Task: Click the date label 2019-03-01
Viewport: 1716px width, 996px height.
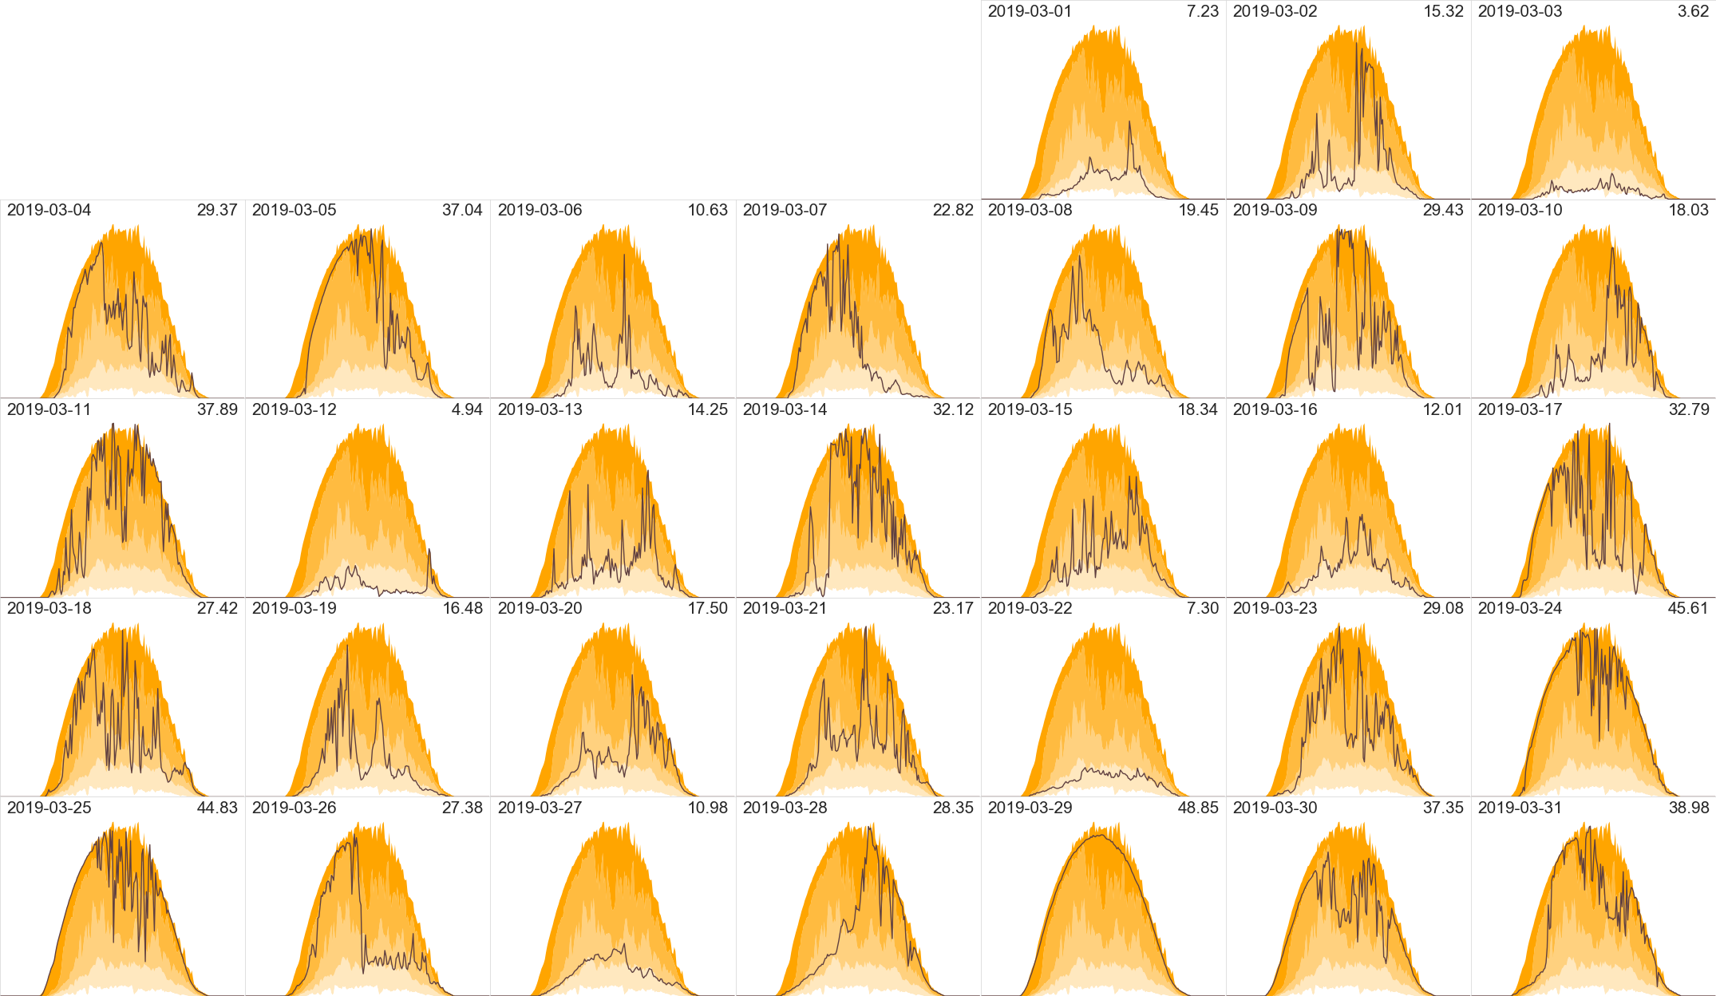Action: [x=1030, y=11]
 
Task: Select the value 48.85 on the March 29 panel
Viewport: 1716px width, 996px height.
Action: [x=1198, y=808]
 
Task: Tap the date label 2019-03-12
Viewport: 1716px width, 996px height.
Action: [x=294, y=409]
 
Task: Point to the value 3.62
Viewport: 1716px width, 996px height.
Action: [x=1693, y=11]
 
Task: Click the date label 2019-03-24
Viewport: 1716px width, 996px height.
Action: [x=1520, y=608]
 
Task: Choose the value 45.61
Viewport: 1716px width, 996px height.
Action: [x=1688, y=608]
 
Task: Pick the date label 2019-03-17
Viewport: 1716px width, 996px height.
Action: [x=1520, y=409]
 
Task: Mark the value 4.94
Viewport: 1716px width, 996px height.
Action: [x=467, y=409]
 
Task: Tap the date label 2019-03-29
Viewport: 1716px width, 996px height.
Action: [x=1030, y=808]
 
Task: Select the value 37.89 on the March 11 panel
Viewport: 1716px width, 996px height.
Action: [x=217, y=409]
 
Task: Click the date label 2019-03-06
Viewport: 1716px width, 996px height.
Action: [x=540, y=210]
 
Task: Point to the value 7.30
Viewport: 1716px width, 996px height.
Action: [x=1203, y=608]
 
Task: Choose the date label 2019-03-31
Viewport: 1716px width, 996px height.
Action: [x=1520, y=808]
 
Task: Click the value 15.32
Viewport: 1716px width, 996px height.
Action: [x=1443, y=11]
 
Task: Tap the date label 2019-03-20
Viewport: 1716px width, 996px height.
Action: [x=540, y=608]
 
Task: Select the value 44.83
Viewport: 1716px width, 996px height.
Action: [x=217, y=808]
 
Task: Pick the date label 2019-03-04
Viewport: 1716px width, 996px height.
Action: [x=49, y=210]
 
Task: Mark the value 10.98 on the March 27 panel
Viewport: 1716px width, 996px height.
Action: [x=707, y=808]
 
